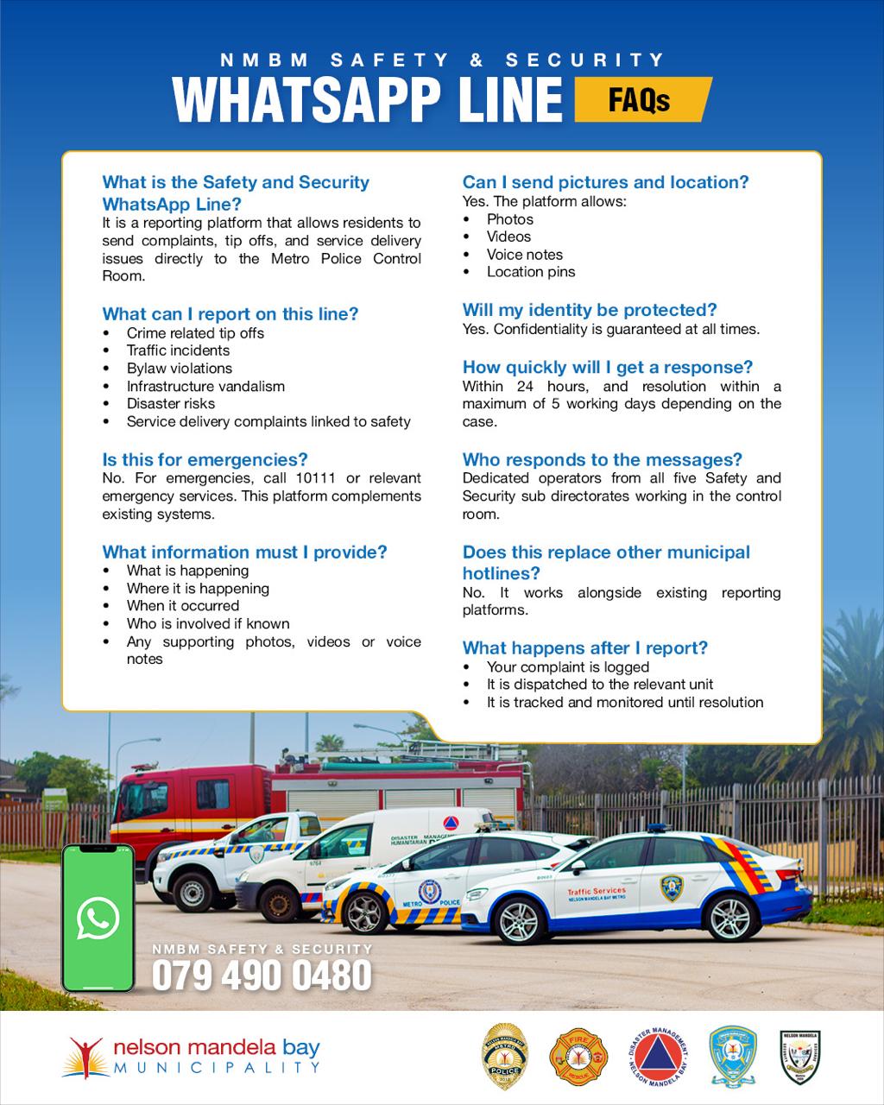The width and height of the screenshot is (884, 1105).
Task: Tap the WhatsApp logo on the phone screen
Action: click(98, 918)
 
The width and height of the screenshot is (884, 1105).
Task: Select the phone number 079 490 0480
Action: click(262, 976)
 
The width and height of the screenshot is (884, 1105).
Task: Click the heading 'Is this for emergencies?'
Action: click(205, 459)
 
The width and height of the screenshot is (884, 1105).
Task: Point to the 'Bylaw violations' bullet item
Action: click(179, 368)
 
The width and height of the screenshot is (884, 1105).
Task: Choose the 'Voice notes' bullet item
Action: click(524, 255)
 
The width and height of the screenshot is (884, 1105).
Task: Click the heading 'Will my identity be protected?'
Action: click(590, 310)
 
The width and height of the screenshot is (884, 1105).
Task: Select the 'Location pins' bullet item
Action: click(530, 272)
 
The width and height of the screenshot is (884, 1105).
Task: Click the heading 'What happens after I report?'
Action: click(584, 647)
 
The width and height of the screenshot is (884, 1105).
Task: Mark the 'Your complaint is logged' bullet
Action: click(567, 666)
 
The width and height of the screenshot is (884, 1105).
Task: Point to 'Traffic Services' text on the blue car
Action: click(597, 890)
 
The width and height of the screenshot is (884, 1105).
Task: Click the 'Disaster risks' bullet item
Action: click(170, 403)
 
